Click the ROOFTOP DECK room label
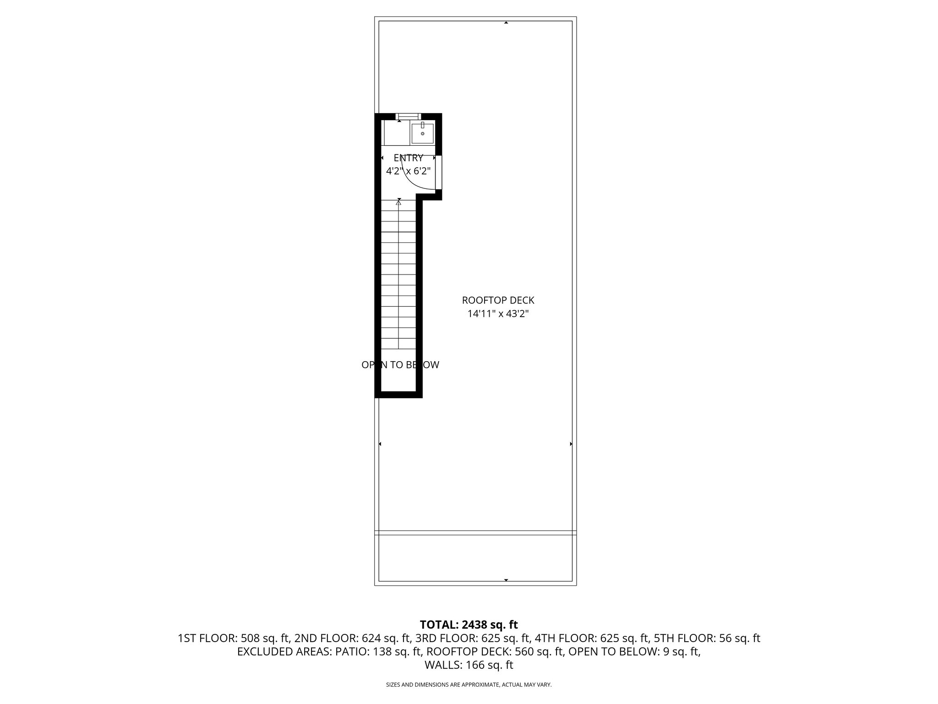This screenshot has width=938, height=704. pyautogui.click(x=498, y=301)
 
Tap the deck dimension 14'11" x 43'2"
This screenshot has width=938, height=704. pyautogui.click(x=498, y=314)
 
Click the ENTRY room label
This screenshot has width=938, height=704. pyautogui.click(x=408, y=158)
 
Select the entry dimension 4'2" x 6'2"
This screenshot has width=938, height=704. pyautogui.click(x=408, y=171)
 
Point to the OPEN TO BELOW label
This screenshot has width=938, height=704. pyautogui.click(x=400, y=365)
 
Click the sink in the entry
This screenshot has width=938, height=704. pyautogui.click(x=422, y=133)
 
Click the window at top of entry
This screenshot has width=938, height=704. pyautogui.click(x=408, y=116)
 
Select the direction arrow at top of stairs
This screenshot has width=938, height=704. pyautogui.click(x=399, y=201)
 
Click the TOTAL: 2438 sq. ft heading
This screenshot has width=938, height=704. pyautogui.click(x=469, y=625)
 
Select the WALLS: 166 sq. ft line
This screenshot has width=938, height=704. pyautogui.click(x=469, y=665)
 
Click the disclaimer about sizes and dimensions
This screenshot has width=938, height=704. pyautogui.click(x=469, y=685)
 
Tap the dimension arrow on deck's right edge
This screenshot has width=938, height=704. pyautogui.click(x=571, y=444)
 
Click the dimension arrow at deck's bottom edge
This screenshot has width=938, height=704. pyautogui.click(x=506, y=580)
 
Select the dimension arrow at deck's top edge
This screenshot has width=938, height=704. pyautogui.click(x=506, y=22)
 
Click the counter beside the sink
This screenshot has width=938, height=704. pyautogui.click(x=397, y=133)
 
